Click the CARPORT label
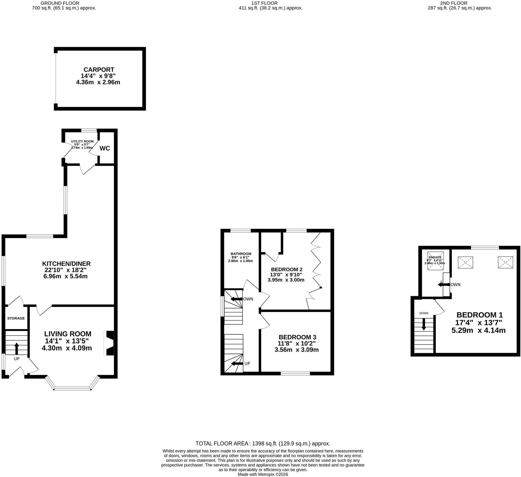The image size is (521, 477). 99,70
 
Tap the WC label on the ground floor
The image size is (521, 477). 105,148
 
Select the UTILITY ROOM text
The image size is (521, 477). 82,141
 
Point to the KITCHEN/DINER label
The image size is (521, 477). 66,264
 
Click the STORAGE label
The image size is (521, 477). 16,318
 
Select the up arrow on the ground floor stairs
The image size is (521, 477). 16,348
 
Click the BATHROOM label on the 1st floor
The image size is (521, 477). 241,254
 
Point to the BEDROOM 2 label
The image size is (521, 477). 287,269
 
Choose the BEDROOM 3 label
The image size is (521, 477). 297,337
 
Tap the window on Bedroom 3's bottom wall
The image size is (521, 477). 295,373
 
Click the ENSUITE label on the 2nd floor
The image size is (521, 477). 435,257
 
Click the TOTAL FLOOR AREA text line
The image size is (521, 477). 263,443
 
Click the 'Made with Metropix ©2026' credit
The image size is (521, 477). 263,475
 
